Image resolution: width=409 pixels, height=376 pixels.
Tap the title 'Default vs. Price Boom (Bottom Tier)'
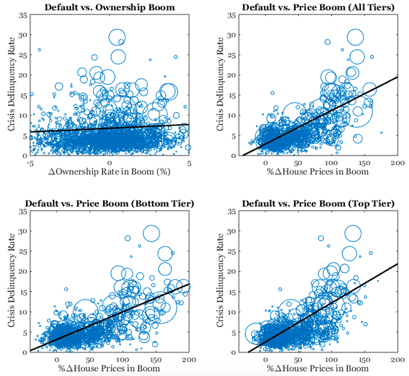pos(109,203)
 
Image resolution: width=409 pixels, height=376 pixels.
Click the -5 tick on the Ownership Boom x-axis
pos(30,163)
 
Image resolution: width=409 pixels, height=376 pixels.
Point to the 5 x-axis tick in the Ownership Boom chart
pos(189,163)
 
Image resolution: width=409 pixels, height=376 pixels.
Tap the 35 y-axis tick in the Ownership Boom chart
pos(23,14)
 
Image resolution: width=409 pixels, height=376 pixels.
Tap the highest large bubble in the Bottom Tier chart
pos(151,234)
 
